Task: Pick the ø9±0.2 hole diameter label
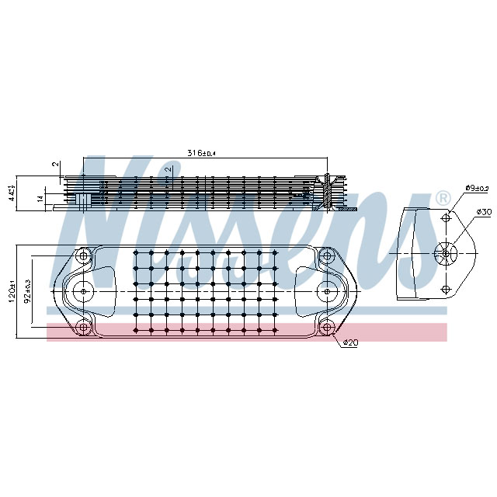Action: [x=477, y=188]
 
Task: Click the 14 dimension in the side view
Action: [x=40, y=200]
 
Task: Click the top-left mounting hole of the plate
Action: [x=82, y=255]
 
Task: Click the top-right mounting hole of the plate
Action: [x=327, y=255]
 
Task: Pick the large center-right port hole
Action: [x=327, y=290]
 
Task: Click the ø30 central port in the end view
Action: [x=445, y=253]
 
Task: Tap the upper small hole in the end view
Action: [x=445, y=218]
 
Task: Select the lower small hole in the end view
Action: [x=445, y=289]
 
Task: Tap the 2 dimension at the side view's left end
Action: [x=55, y=165]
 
